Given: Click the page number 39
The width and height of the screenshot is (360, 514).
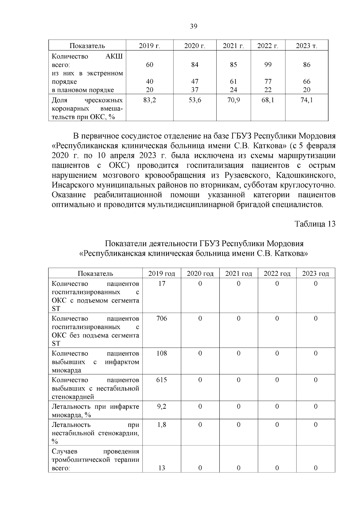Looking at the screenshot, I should point(194,26).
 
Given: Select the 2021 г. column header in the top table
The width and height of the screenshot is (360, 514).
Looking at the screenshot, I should point(233,46).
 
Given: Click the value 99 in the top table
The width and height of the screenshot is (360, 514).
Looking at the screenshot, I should point(268,65).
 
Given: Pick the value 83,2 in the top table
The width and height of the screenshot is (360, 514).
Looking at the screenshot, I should point(149,100).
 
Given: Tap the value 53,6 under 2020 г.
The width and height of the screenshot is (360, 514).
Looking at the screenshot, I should point(195,100).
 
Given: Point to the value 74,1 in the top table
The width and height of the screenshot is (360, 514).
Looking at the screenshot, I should point(307,100).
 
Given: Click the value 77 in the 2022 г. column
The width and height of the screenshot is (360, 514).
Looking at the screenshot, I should point(268,82).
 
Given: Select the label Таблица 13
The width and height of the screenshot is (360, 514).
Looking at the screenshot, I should point(315,224).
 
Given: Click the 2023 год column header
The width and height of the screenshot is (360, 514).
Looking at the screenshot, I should point(315,274).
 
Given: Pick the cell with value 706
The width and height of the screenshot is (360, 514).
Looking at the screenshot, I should point(162,319).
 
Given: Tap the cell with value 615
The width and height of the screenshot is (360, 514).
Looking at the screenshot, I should point(162,380).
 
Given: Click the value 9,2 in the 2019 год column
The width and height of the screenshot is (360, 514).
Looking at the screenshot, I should point(162,407).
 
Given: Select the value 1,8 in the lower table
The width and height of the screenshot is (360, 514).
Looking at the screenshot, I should point(162,425).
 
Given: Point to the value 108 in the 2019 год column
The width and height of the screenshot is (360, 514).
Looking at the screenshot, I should point(162,353).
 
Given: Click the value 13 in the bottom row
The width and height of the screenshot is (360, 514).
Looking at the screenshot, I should point(162,468).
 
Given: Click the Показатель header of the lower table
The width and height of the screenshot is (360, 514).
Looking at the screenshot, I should point(95,274).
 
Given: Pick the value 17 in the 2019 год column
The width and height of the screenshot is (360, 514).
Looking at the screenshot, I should point(162,284).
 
